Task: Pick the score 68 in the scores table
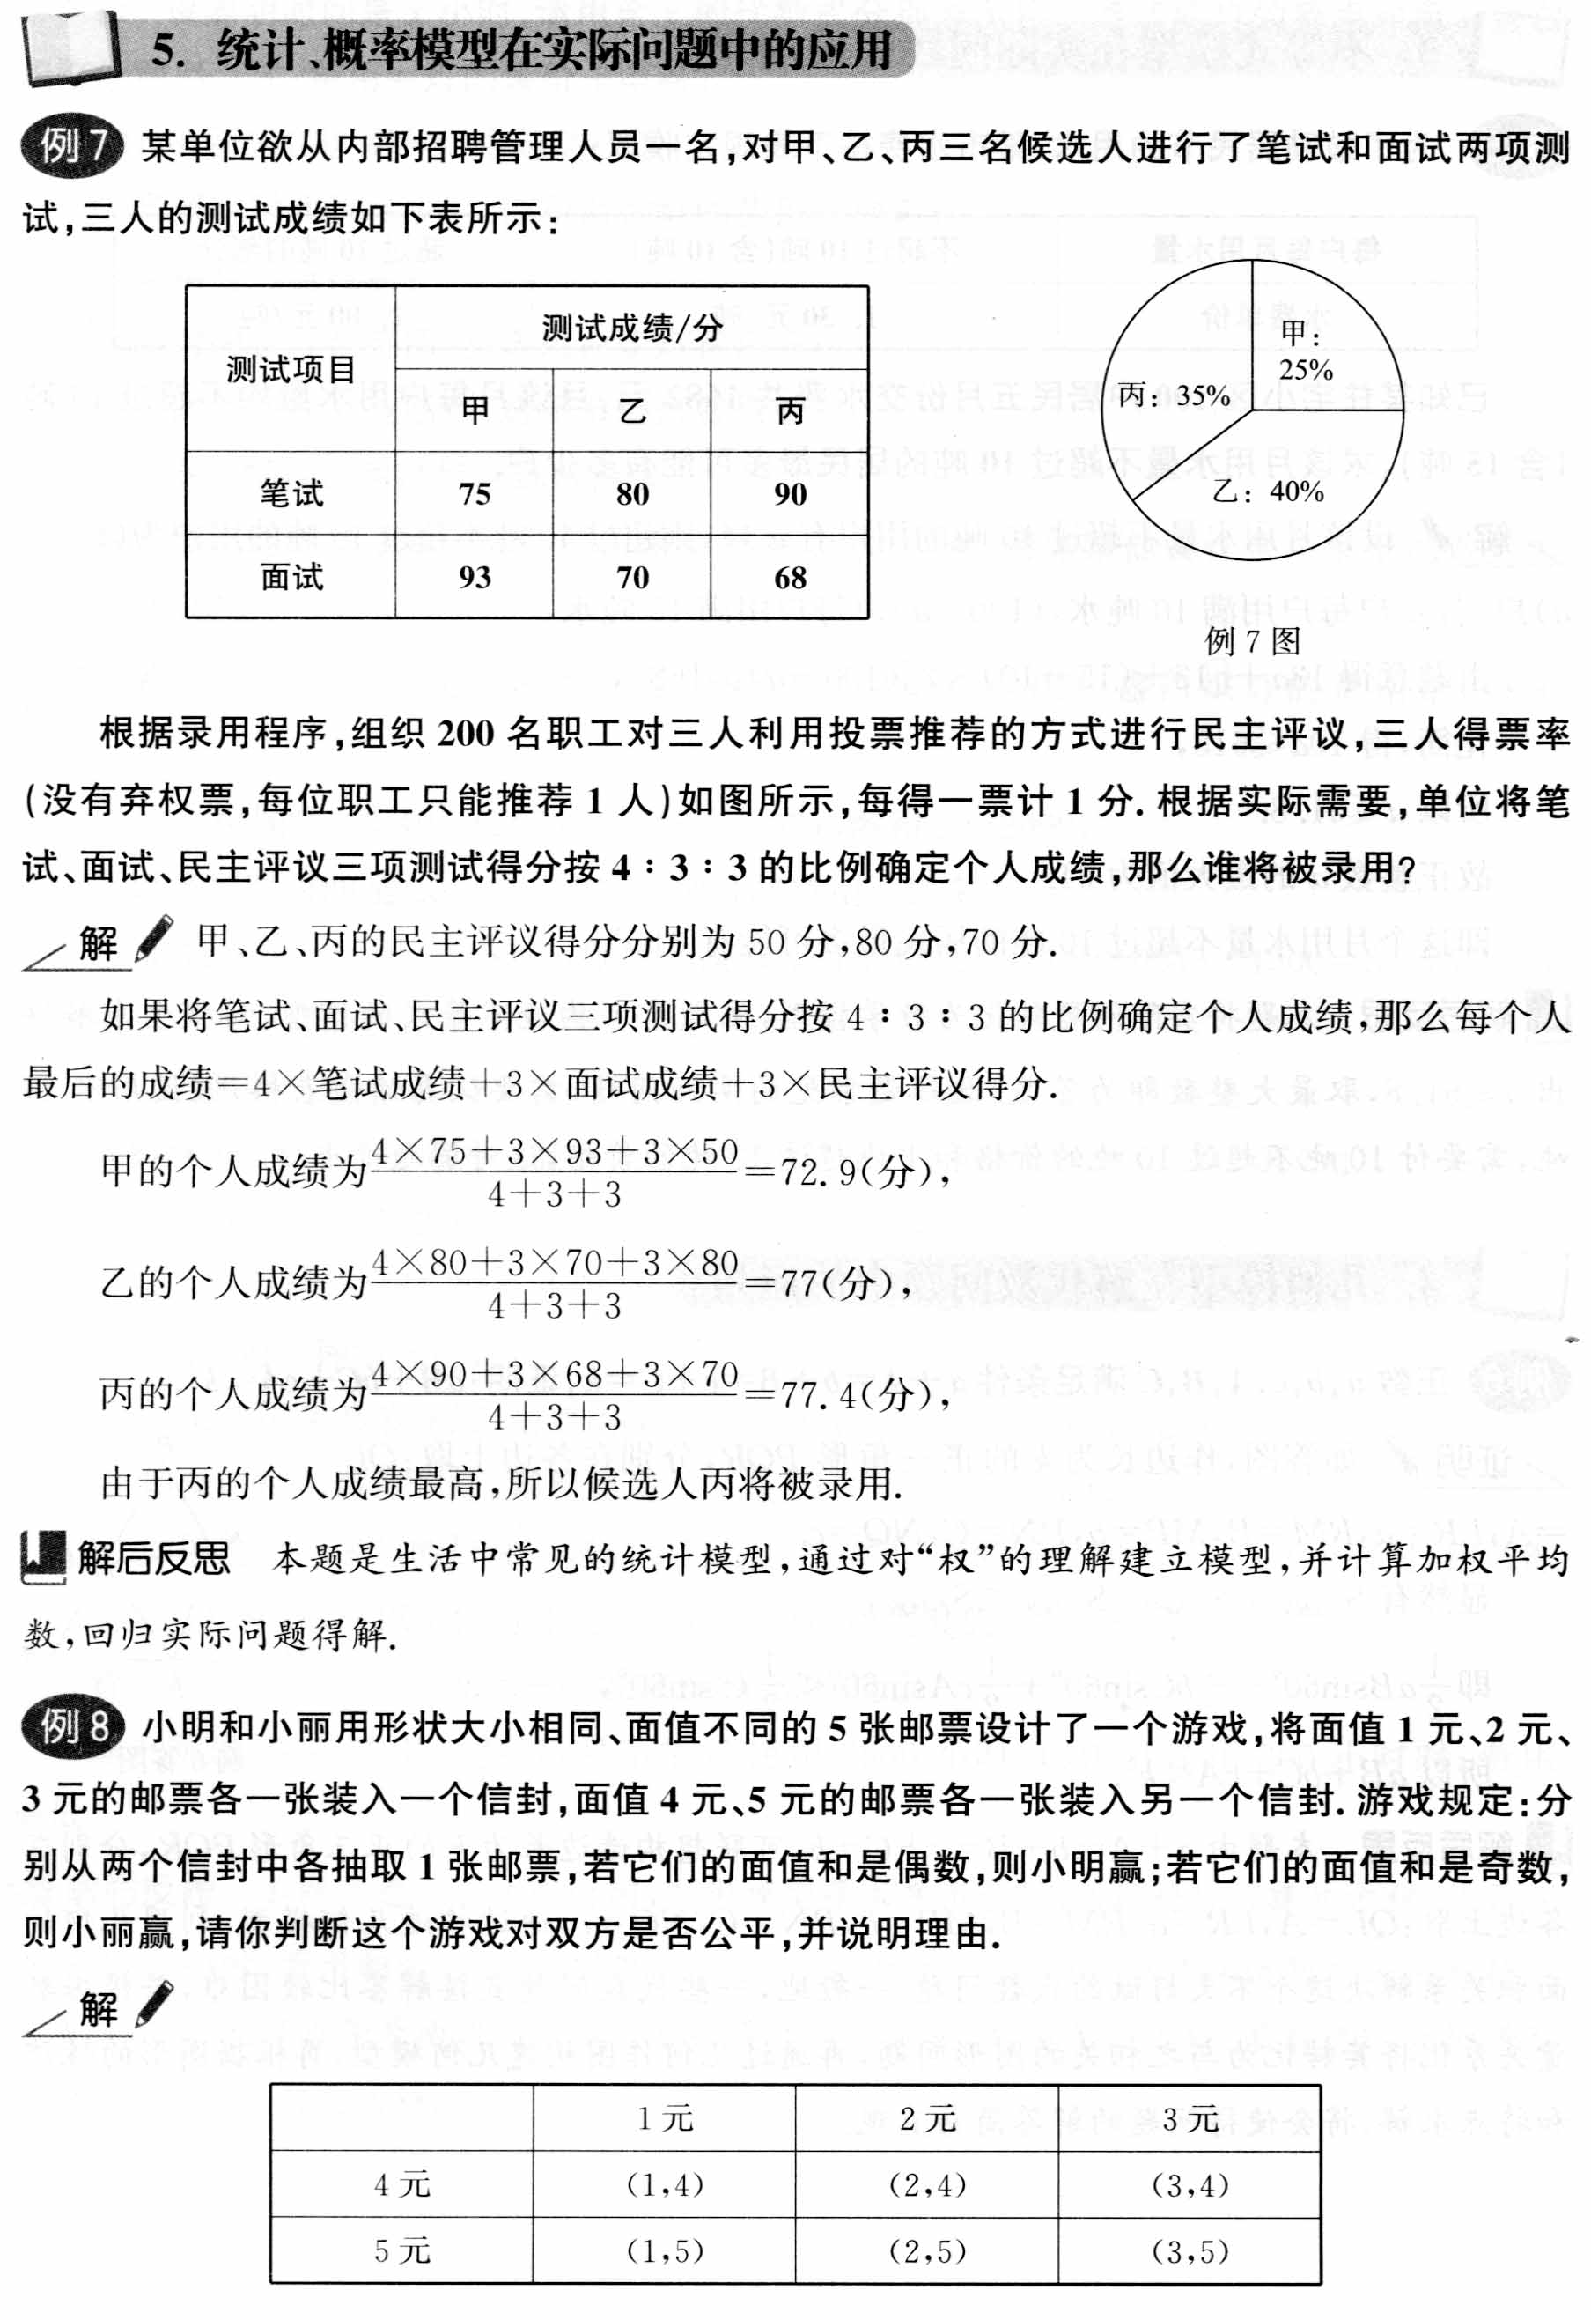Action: tap(790, 577)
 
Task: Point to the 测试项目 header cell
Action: tap(291, 369)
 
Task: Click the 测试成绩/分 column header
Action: tap(632, 329)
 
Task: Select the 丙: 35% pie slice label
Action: tap(1174, 396)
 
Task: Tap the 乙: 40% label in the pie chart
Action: tap(1268, 492)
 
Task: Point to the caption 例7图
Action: tap(1252, 641)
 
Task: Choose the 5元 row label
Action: tap(402, 2251)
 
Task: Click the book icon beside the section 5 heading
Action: tap(70, 48)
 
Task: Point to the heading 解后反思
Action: tap(154, 1559)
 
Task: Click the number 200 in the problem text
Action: tap(465, 734)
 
